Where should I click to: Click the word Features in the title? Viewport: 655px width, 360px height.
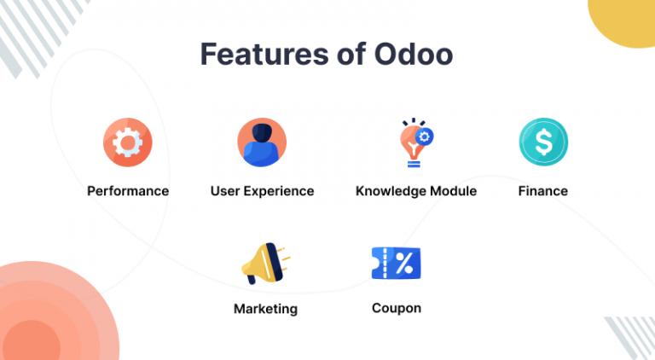pyautogui.click(x=264, y=54)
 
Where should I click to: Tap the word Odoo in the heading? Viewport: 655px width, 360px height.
pyautogui.click(x=413, y=54)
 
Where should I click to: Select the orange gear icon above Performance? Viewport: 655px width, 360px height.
pyautogui.click(x=128, y=142)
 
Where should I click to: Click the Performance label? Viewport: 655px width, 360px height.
pyautogui.click(x=128, y=191)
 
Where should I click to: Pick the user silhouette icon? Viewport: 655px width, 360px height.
pyautogui.click(x=262, y=142)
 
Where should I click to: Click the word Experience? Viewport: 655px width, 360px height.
pyautogui.click(x=279, y=191)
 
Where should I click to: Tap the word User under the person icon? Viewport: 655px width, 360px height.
pyautogui.click(x=225, y=191)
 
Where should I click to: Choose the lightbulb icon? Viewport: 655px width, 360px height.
pyautogui.click(x=416, y=142)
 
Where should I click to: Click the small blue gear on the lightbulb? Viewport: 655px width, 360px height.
pyautogui.click(x=425, y=136)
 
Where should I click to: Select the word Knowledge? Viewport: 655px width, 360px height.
pyautogui.click(x=391, y=191)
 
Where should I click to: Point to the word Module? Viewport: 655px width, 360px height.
pyautogui.click(x=453, y=191)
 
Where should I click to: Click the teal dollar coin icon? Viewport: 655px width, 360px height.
pyautogui.click(x=543, y=142)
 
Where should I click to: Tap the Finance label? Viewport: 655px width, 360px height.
pyautogui.click(x=543, y=191)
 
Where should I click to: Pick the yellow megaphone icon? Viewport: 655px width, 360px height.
pyautogui.click(x=266, y=264)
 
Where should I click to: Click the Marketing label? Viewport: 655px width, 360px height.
pyautogui.click(x=266, y=309)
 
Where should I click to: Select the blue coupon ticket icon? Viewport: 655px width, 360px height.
pyautogui.click(x=396, y=263)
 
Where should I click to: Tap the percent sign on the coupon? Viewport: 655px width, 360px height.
pyautogui.click(x=404, y=263)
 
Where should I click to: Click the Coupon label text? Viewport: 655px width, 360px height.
pyautogui.click(x=397, y=308)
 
